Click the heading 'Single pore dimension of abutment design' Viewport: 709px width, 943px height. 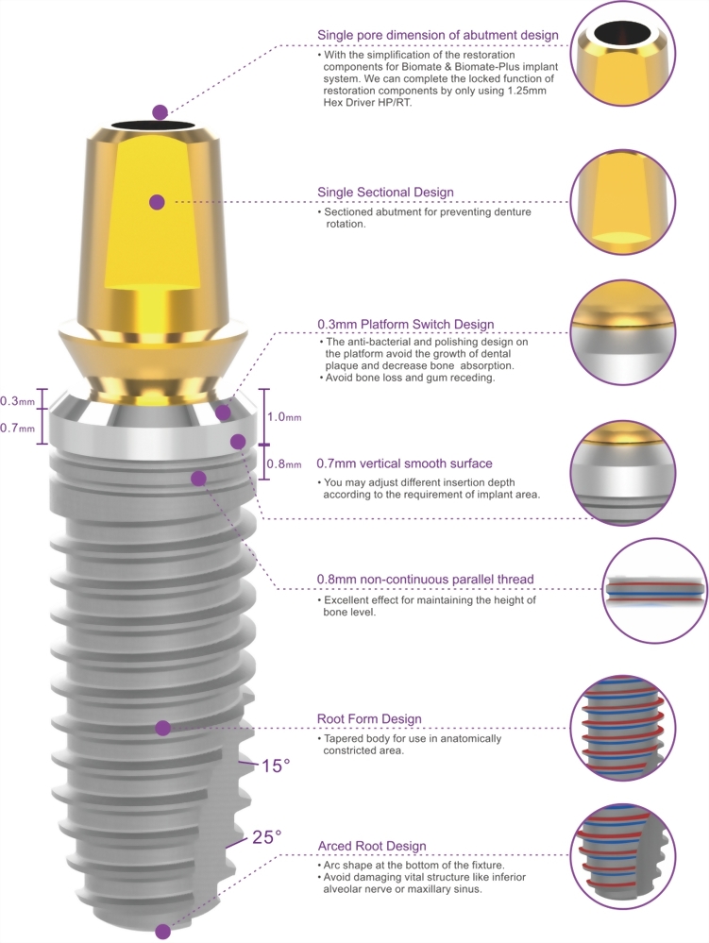438,36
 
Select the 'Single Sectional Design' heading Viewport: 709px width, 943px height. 385,193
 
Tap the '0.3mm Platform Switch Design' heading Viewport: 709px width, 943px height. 406,325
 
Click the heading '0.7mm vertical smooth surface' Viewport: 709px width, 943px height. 404,463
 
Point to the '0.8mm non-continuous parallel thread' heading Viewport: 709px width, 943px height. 425,580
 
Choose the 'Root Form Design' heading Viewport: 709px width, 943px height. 369,718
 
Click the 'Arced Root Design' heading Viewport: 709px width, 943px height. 372,846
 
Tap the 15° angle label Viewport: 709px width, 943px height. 276,766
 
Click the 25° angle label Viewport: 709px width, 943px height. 266,836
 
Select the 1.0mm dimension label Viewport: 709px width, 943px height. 284,417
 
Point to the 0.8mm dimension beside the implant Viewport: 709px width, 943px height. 284,463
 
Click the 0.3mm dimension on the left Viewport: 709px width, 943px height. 17,401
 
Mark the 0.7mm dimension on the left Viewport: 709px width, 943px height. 17,429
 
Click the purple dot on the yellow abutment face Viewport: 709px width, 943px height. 158,202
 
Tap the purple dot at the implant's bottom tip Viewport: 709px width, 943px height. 162,932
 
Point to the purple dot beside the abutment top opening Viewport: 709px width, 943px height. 160,112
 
